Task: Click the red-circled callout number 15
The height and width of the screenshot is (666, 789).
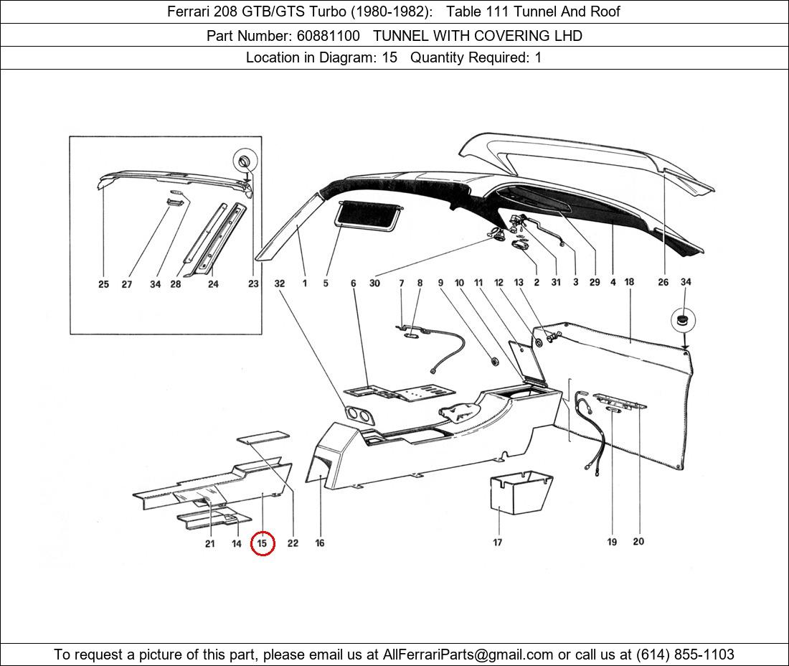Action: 262,543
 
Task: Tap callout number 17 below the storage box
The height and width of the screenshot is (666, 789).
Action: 497,543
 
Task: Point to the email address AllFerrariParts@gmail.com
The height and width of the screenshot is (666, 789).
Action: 468,655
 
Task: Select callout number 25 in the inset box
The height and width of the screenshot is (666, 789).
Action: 104,284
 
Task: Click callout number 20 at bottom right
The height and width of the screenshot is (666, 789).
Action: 638,542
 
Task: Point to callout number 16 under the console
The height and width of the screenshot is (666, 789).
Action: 320,543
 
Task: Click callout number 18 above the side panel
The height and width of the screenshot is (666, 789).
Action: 629,282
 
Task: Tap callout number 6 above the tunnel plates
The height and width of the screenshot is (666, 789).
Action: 353,283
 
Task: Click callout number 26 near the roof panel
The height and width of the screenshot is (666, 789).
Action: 663,282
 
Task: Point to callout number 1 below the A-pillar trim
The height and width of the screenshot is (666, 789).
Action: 304,283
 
